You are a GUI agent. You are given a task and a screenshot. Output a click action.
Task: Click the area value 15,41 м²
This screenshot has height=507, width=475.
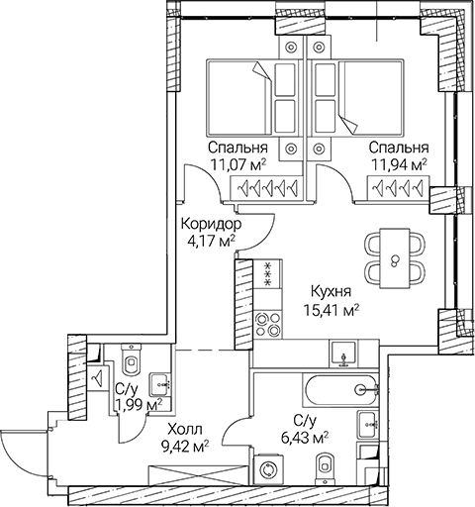click(331, 310)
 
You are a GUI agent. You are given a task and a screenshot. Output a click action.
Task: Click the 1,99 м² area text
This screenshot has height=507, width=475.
click(137, 405)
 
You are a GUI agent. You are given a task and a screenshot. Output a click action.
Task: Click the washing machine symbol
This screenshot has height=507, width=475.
click(269, 470)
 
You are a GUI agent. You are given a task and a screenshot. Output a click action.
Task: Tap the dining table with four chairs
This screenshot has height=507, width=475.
click(395, 257)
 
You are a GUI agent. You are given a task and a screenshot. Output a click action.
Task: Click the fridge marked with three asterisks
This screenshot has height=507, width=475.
click(269, 272)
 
